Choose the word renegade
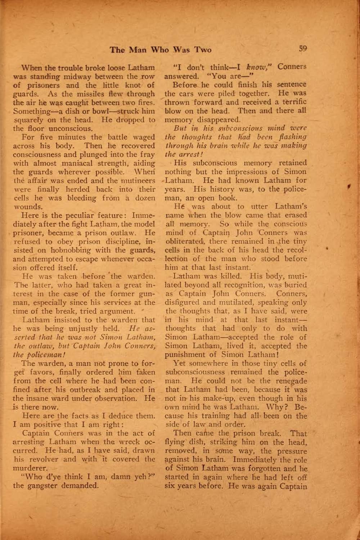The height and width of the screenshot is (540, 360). click(291, 381)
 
